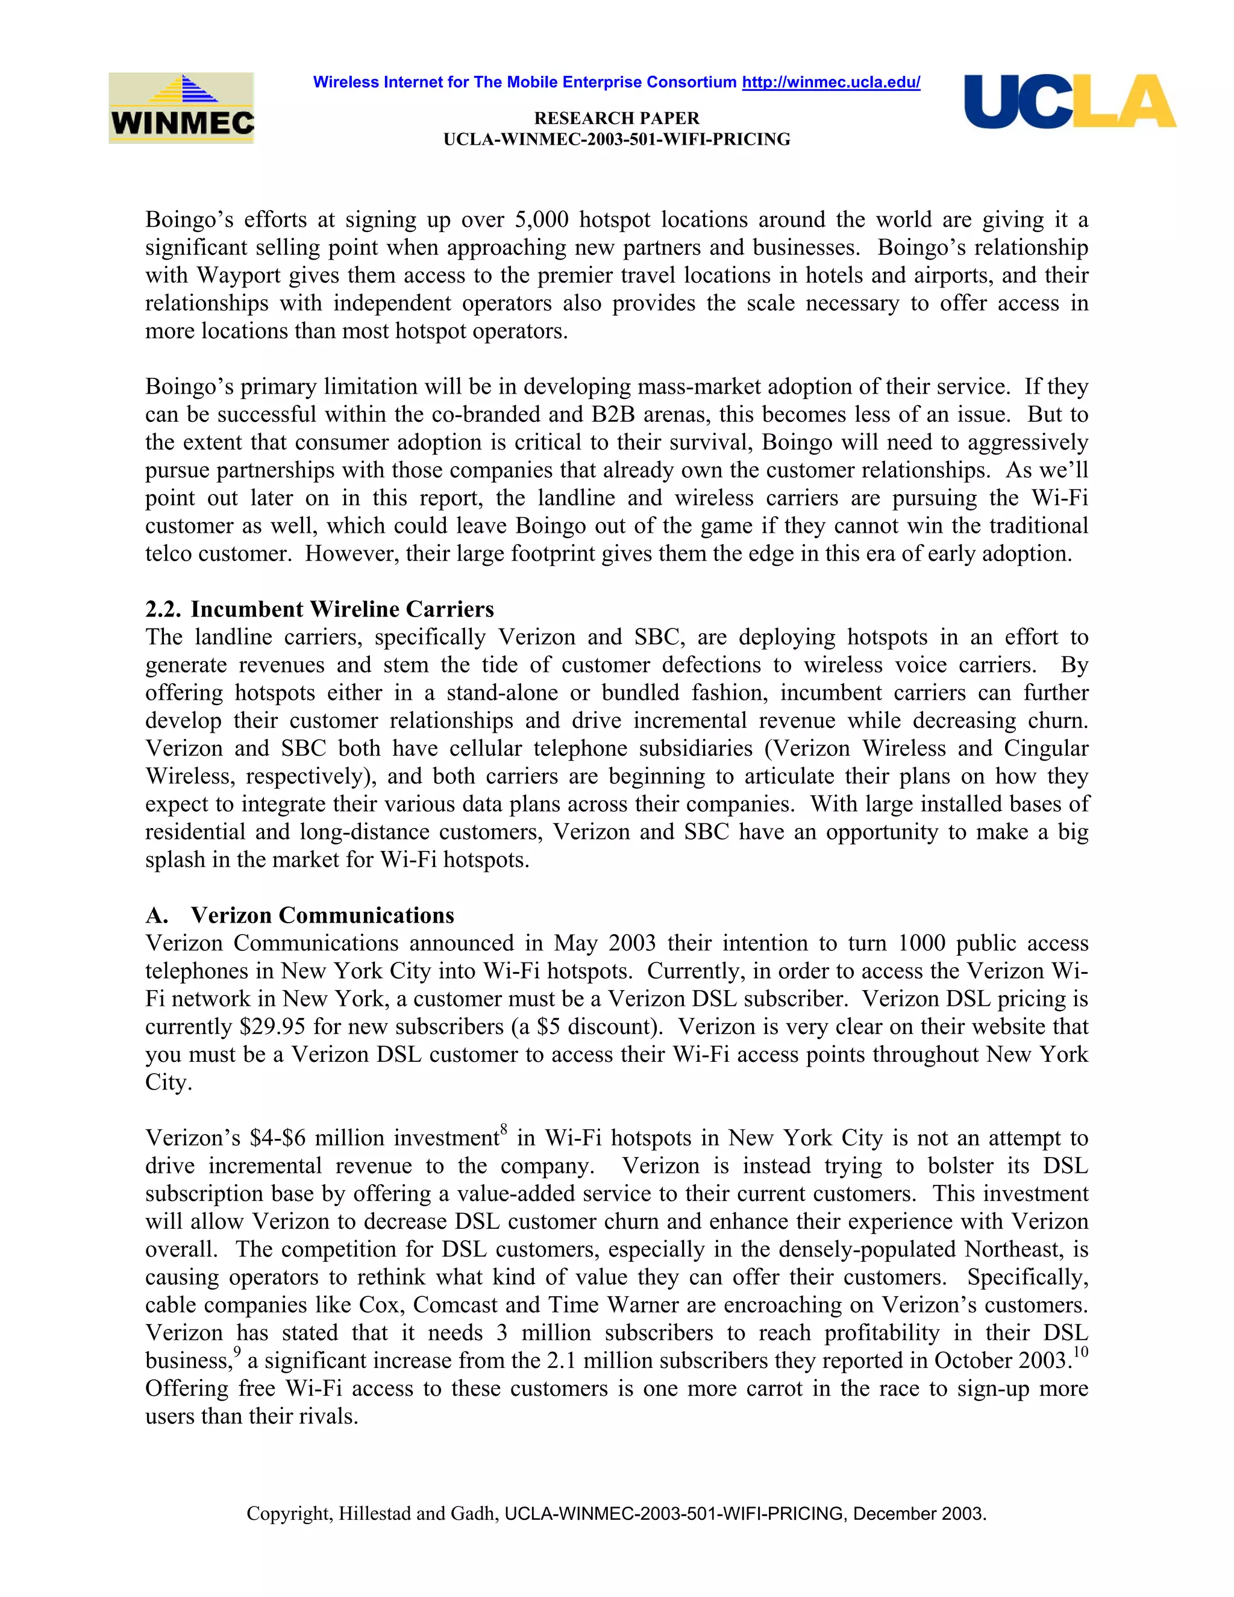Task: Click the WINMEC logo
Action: tap(181, 108)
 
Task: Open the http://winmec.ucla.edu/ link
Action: tap(830, 83)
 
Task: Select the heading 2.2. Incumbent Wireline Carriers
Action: tap(319, 609)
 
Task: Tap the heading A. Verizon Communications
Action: tap(299, 915)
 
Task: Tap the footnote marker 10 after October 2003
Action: tap(1080, 1352)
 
